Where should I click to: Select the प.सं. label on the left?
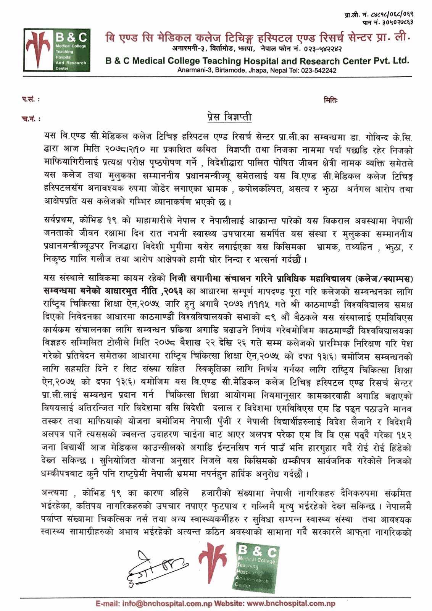click(30, 100)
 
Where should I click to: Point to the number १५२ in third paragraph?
click(403, 436)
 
